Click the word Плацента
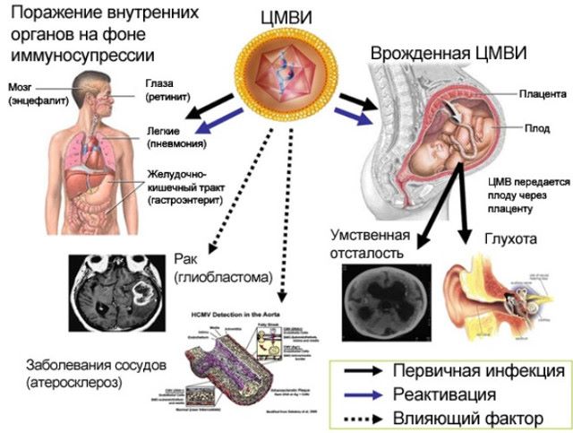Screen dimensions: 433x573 click(542, 92)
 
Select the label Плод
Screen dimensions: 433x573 click(539, 127)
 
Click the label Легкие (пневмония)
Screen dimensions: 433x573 click(180, 137)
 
